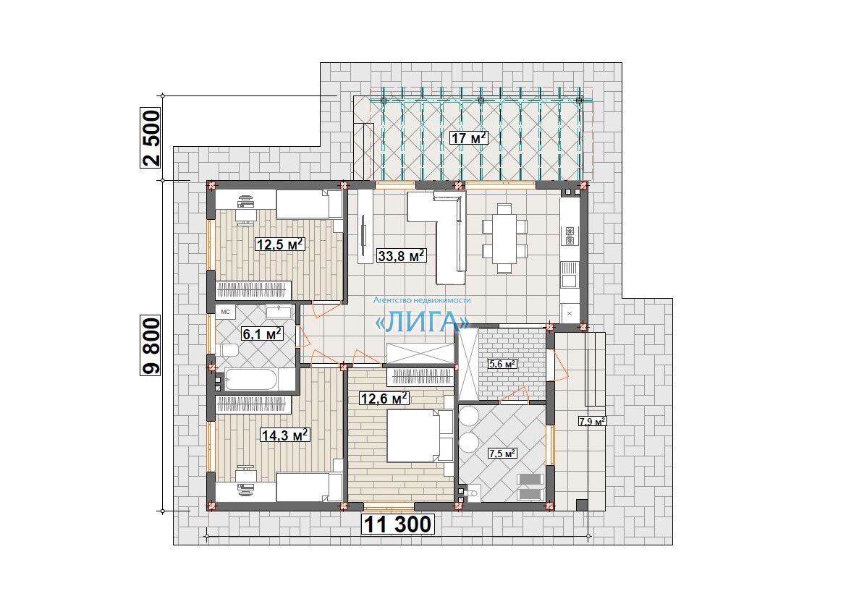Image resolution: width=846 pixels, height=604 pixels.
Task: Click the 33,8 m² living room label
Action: (x=402, y=255)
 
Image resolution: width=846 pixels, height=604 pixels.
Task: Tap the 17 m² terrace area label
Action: (x=469, y=137)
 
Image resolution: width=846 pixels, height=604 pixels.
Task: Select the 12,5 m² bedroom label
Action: (x=281, y=244)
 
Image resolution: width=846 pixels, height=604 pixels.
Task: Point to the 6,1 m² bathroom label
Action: (x=263, y=333)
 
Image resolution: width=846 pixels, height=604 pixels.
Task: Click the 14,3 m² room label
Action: (x=285, y=434)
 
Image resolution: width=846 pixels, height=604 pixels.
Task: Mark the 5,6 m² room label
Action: (x=502, y=364)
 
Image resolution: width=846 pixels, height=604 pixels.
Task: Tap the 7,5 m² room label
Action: (x=502, y=454)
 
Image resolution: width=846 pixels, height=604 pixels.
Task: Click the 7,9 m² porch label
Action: (x=593, y=421)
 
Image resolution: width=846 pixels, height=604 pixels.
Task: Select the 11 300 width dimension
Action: (x=397, y=524)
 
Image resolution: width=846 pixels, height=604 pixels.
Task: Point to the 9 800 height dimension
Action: (x=151, y=346)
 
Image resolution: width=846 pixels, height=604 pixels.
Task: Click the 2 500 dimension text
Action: (x=151, y=138)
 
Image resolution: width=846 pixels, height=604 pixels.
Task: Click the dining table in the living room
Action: (x=504, y=239)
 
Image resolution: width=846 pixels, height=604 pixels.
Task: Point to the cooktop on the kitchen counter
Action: (x=570, y=234)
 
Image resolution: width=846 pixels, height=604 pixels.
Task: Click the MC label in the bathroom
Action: (x=226, y=312)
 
